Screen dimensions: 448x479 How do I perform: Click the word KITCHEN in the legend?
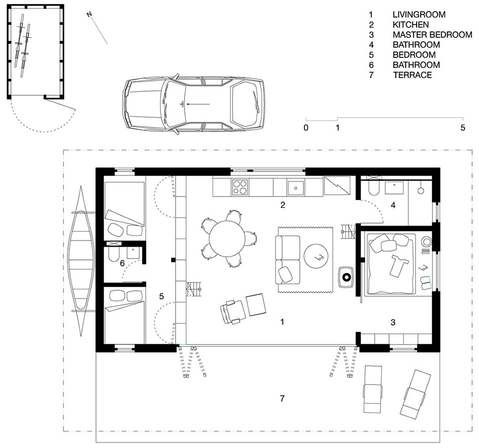click(x=411, y=24)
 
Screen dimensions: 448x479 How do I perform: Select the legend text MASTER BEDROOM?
click(x=432, y=35)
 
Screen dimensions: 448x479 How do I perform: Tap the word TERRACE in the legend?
click(x=412, y=75)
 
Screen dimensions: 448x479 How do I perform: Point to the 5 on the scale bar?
click(x=463, y=127)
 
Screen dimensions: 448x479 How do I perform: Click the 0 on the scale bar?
click(x=306, y=127)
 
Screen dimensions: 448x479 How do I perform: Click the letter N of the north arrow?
click(x=89, y=15)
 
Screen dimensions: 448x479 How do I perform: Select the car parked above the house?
click(x=194, y=104)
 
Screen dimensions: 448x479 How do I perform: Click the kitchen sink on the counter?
click(x=296, y=187)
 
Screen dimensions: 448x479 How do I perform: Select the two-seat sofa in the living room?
click(x=287, y=259)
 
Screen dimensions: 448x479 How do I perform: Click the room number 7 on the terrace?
click(x=282, y=398)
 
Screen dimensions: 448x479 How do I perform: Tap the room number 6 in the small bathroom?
click(x=122, y=263)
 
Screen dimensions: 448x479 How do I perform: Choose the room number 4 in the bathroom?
click(x=393, y=205)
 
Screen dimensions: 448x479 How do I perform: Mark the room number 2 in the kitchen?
click(x=282, y=205)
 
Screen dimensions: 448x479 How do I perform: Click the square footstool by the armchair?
click(x=256, y=304)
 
